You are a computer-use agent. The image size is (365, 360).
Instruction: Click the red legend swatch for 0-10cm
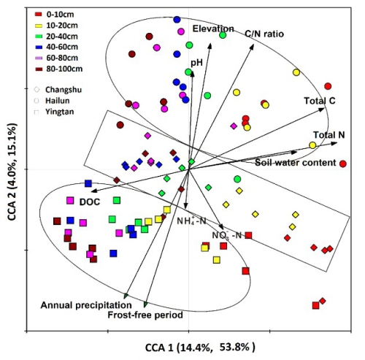tap(39, 15)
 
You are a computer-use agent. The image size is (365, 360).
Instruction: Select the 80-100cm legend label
tap(64, 69)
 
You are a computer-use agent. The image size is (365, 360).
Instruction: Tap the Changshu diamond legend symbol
tap(36, 90)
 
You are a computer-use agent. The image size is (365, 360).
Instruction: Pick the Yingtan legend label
tap(60, 112)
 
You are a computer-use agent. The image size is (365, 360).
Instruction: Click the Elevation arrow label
tap(213, 28)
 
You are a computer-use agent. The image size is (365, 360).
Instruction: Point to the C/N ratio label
tap(264, 34)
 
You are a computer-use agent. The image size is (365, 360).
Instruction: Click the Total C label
tap(320, 101)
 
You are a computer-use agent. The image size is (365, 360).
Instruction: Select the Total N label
tap(329, 135)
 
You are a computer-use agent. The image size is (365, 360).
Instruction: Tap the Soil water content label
tap(296, 163)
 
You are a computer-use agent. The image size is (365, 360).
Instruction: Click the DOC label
tap(90, 202)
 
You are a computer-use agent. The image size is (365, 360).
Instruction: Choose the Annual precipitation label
tap(86, 305)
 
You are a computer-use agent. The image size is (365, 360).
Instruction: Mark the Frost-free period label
tap(145, 315)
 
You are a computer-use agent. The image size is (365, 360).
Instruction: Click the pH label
tap(196, 63)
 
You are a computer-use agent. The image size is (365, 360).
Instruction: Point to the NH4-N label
tap(191, 221)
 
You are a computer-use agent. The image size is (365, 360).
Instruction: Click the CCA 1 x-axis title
tap(200, 348)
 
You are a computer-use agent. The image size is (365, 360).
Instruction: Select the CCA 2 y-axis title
tap(12, 172)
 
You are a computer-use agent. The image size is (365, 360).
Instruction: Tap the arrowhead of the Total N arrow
tap(335, 144)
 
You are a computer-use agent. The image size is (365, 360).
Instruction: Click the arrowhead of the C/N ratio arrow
tap(252, 46)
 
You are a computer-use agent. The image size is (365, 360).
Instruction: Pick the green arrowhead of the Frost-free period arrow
tap(145, 305)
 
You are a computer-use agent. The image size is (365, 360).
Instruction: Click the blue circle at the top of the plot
tap(177, 20)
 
